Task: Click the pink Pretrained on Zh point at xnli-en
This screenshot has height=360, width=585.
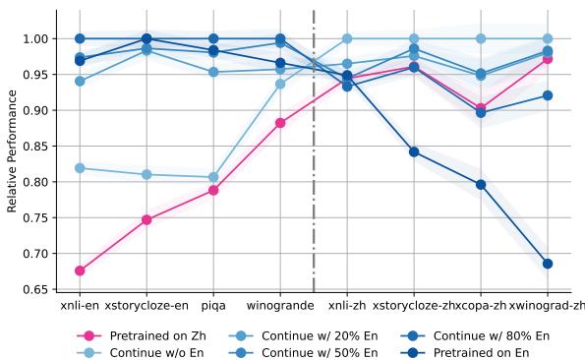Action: point(80,270)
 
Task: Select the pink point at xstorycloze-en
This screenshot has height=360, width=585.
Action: point(146,220)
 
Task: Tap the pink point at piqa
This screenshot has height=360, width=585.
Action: point(213,190)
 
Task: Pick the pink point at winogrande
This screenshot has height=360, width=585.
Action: point(280,123)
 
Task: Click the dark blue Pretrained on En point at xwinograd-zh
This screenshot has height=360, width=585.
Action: point(548,264)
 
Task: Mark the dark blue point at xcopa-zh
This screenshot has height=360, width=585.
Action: point(481,184)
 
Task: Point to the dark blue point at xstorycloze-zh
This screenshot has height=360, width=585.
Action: point(414,151)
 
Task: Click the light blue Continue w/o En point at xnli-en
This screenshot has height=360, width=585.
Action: point(80,168)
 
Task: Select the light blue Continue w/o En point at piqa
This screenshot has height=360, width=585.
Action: point(213,177)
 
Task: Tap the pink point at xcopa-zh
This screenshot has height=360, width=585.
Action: point(481,108)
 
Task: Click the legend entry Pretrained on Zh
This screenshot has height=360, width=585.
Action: point(152,335)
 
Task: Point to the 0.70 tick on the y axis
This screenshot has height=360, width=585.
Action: point(35,254)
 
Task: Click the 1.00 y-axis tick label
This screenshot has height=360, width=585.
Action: point(35,38)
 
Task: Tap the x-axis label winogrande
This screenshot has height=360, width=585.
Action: point(280,306)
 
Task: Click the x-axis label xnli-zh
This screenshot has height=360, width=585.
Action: point(347,306)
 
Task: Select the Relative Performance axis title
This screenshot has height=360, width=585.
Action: point(13,152)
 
